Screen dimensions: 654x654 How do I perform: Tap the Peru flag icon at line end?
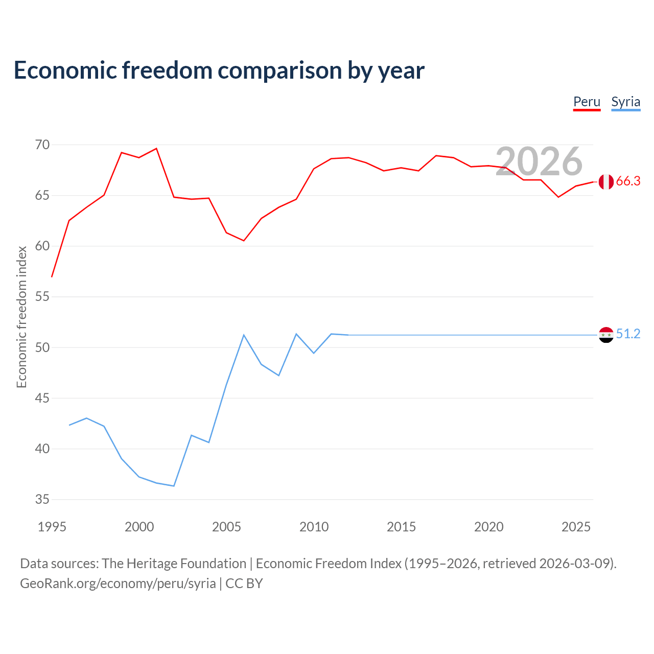tap(606, 181)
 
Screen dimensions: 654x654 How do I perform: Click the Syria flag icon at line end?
tap(606, 335)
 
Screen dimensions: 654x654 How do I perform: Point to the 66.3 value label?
tap(628, 181)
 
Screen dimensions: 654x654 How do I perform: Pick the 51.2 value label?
tap(628, 334)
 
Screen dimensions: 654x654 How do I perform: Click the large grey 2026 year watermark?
tap(539, 161)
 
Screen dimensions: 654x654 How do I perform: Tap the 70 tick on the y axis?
tap(42, 145)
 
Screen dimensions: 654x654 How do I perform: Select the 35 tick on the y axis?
tap(42, 499)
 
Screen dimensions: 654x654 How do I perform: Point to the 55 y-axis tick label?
tap(42, 297)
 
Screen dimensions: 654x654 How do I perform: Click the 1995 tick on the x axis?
tap(52, 527)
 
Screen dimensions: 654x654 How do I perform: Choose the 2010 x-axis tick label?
tap(314, 527)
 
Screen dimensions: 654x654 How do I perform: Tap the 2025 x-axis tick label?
tap(576, 527)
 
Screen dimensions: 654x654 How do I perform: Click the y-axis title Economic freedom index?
tap(22, 317)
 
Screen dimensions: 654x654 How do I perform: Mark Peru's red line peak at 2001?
tap(156, 148)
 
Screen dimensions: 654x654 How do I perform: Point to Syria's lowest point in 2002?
tap(174, 486)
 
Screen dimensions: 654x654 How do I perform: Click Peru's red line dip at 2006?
tap(244, 241)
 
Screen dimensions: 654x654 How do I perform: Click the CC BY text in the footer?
tap(244, 584)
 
